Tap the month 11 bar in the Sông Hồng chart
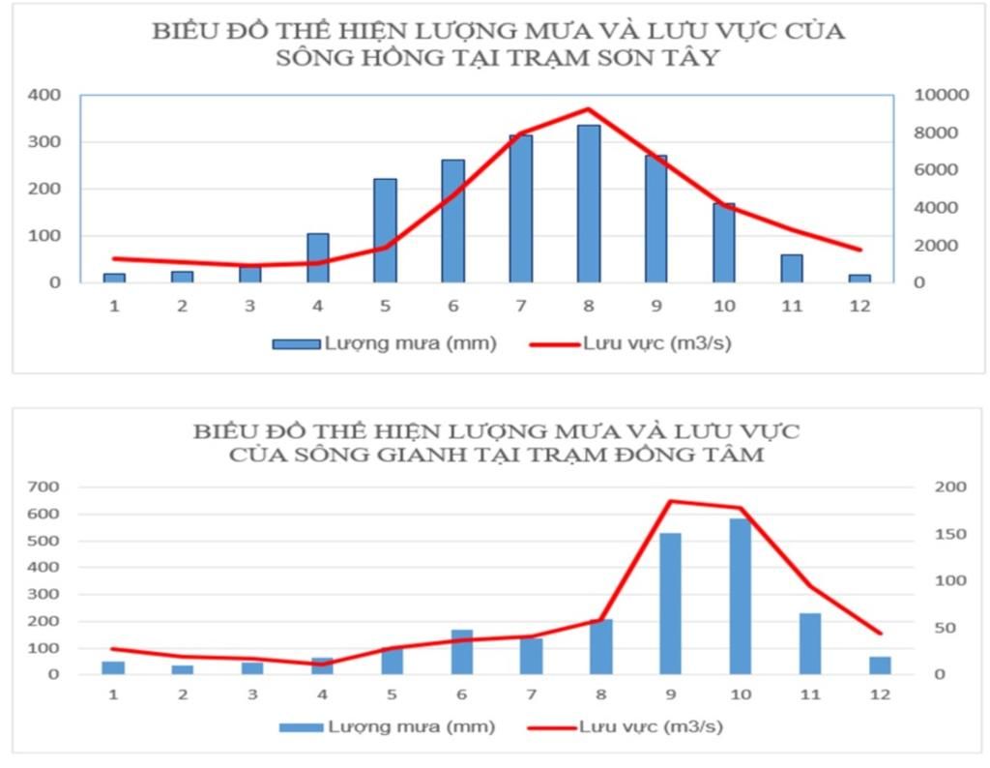[x=792, y=268]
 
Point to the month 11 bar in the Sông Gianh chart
[x=810, y=643]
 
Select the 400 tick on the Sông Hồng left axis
[x=45, y=95]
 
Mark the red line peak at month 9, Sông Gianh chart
[x=671, y=501]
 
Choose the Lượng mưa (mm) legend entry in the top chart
[x=387, y=343]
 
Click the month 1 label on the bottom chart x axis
[x=114, y=694]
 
